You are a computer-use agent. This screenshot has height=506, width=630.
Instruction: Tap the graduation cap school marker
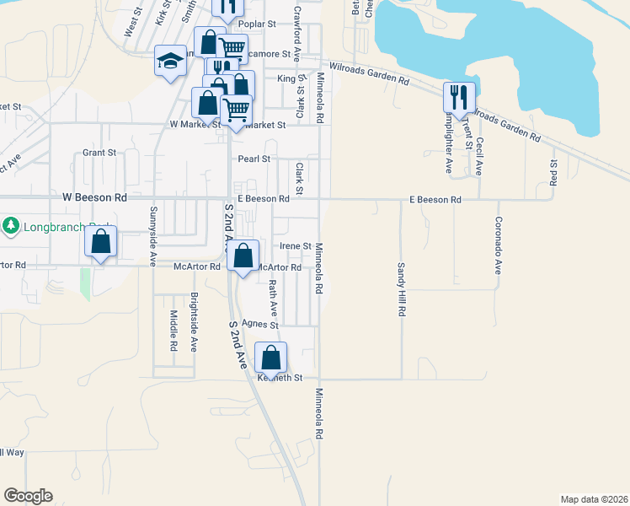click(169, 62)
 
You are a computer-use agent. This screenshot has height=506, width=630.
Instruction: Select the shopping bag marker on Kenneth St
click(270, 356)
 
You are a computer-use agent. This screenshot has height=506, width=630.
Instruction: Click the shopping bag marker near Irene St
click(243, 256)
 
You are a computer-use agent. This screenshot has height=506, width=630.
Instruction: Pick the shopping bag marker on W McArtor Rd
click(100, 242)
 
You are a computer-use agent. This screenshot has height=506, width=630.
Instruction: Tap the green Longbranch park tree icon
click(10, 226)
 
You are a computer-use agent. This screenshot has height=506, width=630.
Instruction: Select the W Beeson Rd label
click(94, 196)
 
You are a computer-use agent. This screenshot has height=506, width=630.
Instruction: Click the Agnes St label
click(259, 324)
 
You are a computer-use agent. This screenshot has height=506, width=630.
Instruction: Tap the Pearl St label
click(254, 159)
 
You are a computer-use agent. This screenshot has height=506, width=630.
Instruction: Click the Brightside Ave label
click(194, 322)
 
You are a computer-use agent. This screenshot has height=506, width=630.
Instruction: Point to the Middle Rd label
click(173, 330)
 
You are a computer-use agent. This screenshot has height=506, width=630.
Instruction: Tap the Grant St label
click(99, 153)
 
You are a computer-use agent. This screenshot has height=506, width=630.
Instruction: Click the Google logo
click(28, 496)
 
